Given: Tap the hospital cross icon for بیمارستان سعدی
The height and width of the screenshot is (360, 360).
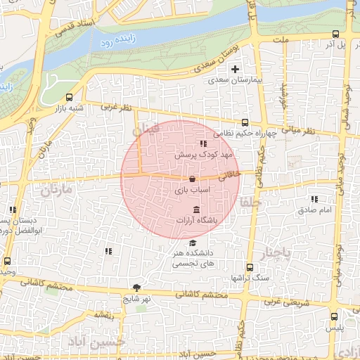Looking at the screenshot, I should (x=235, y=69).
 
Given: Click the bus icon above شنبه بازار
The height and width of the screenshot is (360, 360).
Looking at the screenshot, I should (x=69, y=98).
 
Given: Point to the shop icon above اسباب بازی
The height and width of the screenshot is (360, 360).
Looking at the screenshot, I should (x=192, y=180).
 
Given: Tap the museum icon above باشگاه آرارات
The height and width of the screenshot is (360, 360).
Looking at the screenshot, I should (x=196, y=210).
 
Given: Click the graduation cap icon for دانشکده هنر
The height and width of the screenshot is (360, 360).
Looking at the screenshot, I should (x=193, y=243).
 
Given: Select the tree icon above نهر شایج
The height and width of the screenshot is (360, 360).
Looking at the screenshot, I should (x=136, y=288).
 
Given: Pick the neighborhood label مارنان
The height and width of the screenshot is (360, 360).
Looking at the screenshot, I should (x=57, y=191).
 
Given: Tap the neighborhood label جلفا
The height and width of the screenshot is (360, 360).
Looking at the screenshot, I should (x=250, y=202).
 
